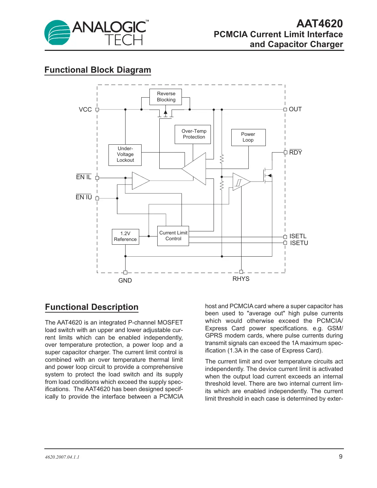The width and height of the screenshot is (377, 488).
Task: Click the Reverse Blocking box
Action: [166, 97]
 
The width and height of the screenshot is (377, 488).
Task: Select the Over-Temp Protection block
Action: [193, 134]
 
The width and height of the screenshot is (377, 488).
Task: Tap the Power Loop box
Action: [248, 137]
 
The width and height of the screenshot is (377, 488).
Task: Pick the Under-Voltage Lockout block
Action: [125, 155]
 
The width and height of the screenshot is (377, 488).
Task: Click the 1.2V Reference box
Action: [125, 236]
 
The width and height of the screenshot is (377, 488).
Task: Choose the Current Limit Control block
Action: [173, 236]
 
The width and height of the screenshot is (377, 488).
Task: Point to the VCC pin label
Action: [85, 110]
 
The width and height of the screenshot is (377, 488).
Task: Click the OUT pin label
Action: [295, 109]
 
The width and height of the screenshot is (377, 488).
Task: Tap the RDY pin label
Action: [295, 153]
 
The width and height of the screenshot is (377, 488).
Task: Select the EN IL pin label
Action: [84, 177]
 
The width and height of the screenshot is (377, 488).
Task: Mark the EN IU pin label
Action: [84, 197]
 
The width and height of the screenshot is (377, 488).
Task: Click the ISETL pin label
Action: [298, 236]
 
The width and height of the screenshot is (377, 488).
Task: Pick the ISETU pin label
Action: [299, 243]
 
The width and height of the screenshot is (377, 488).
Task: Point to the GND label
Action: [125, 281]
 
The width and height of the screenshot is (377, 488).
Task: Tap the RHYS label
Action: [241, 279]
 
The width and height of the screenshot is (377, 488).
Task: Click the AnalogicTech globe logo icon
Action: [57, 33]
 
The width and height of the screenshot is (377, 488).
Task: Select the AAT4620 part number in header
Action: [319, 24]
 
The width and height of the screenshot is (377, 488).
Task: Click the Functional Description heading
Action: [91, 307]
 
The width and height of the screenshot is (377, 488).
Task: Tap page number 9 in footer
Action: [340, 457]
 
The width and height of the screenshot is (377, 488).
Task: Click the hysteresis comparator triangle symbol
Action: [240, 182]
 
